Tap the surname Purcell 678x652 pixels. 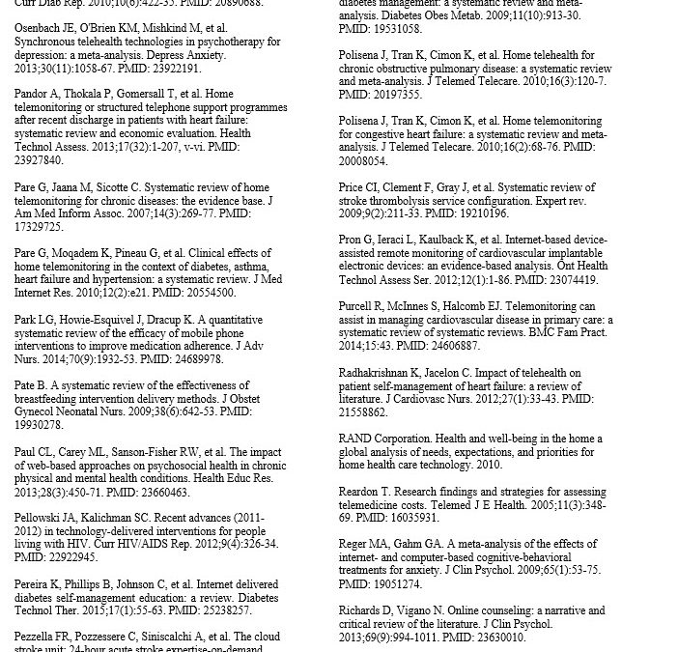click(x=359, y=306)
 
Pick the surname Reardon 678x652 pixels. click(x=362, y=492)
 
